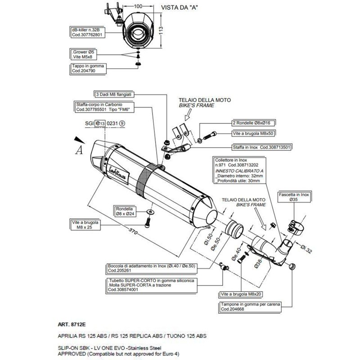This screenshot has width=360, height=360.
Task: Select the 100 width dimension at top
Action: (138, 7)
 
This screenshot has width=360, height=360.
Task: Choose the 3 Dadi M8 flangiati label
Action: (112, 95)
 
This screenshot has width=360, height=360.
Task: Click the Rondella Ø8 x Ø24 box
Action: (124, 211)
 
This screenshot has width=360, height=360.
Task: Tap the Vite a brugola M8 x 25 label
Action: (85, 225)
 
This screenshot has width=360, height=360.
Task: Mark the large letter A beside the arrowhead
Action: (80, 150)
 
